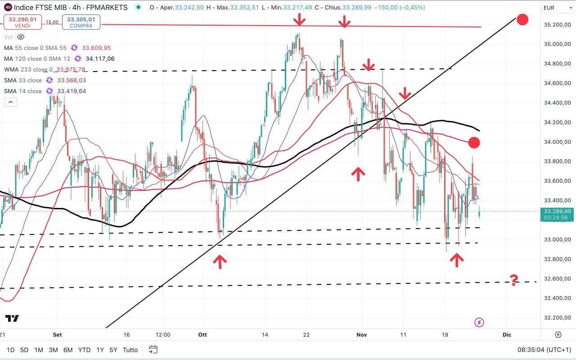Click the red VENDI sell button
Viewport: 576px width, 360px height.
22,22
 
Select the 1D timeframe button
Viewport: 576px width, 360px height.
10,350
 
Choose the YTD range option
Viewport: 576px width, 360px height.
84,350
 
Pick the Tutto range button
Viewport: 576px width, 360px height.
130,350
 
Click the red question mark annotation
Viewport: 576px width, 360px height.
514,280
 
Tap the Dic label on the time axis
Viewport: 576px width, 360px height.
507,335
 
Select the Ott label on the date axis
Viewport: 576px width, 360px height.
202,335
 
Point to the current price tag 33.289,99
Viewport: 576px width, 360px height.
557,211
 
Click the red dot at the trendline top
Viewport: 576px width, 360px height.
522,19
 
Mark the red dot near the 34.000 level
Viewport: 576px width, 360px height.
474,143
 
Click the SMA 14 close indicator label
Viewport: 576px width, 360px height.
23,91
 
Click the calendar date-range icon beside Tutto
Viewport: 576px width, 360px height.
153,350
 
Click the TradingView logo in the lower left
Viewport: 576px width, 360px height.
12,318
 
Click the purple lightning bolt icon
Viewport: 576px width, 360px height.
479,322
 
